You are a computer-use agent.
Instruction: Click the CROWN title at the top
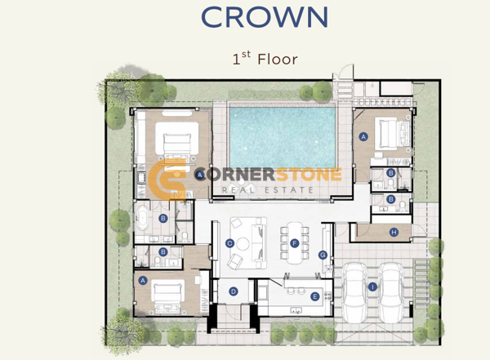pos(265,17)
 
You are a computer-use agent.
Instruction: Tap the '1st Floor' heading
pos(265,59)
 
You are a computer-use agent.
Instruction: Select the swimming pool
pos(283,137)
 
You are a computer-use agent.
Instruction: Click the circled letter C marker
pos(229,243)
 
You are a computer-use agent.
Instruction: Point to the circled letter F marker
pos(294,243)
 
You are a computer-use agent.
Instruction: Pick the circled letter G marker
pos(323,255)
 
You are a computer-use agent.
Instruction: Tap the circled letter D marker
pos(233,291)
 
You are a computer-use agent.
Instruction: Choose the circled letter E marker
pos(314,296)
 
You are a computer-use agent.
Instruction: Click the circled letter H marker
pos(394,232)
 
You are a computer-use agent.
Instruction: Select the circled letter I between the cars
pos(372,287)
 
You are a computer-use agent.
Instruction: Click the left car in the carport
pos(354,293)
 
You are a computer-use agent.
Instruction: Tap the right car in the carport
pos(390,293)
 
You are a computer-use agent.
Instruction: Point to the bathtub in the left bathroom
pos(143,218)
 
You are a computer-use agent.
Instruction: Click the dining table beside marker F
pos(295,243)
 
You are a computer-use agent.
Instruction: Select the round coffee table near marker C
pos(243,244)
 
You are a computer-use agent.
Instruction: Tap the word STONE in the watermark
pos(309,175)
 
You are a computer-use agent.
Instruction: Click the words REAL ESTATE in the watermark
pos(268,189)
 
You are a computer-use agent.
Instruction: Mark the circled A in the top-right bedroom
pos(363,136)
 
